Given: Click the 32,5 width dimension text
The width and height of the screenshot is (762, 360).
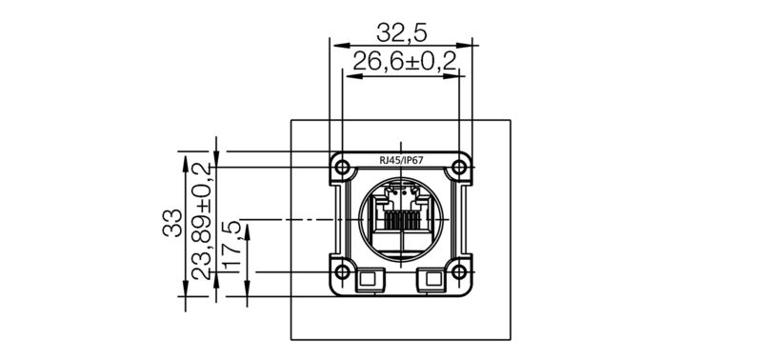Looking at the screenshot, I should click(x=401, y=32).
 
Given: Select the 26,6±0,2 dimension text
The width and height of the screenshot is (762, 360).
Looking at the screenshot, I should click(x=404, y=62).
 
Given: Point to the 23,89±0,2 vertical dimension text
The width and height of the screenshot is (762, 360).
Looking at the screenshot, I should click(x=201, y=220).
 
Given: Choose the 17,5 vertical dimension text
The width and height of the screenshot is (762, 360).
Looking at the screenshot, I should click(x=231, y=247).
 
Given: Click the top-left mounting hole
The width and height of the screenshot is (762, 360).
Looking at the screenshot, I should click(x=340, y=168).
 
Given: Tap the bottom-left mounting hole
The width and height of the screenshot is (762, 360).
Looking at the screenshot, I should click(x=340, y=272).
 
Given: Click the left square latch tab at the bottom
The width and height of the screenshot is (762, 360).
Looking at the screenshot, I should click(x=367, y=279).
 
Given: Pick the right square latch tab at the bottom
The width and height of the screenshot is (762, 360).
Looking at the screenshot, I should click(x=432, y=279).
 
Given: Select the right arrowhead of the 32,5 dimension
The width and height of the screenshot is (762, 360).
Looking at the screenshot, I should click(x=468, y=45).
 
